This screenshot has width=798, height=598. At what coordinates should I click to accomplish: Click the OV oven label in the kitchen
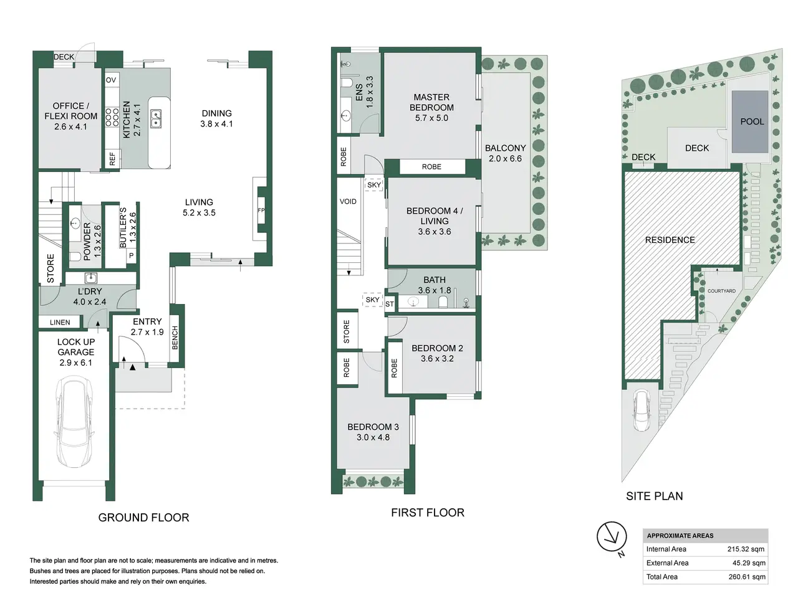pos(111,80)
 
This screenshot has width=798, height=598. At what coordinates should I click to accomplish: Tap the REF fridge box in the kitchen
pos(112,159)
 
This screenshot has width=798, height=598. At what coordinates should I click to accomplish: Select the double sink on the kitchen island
pos(156,119)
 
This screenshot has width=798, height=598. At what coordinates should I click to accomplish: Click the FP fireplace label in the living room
pos(261,210)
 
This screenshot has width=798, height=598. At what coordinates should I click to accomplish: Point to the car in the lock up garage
pos(74,422)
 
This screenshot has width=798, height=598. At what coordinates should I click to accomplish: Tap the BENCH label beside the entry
pos(175,338)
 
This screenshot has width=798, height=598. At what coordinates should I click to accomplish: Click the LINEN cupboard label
pos(60,323)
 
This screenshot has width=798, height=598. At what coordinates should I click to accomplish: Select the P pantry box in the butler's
pos(132,255)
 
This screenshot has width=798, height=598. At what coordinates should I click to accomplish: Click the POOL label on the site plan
pos(752,121)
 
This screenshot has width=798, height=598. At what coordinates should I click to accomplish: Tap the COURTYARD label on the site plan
pos(721,291)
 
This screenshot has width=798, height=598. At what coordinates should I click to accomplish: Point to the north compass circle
pos(612,536)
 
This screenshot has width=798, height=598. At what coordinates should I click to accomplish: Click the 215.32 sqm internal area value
pos(746,549)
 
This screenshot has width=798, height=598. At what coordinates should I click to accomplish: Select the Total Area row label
pos(661,577)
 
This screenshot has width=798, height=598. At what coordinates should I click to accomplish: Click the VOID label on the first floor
pos(348,201)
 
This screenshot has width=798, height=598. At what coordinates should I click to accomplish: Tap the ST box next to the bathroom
pos(390,304)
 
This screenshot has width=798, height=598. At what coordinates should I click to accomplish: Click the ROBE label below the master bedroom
pos(431,167)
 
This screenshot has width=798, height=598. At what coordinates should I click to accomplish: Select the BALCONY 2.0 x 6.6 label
pos(506,153)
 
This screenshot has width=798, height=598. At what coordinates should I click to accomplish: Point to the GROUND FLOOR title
pos(143,518)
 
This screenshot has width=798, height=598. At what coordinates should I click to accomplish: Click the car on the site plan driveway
pos(642,411)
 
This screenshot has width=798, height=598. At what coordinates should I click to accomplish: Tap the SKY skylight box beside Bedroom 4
pos(374,185)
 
